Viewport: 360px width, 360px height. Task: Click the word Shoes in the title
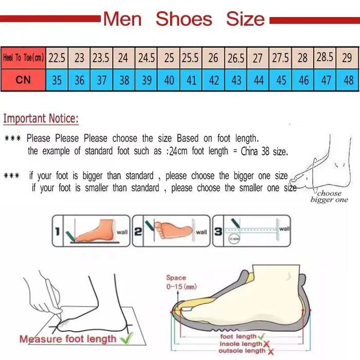click(x=184, y=20)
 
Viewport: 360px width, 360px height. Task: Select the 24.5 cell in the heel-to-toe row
click(x=146, y=58)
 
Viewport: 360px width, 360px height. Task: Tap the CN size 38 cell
click(x=123, y=81)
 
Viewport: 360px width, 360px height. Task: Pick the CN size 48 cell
click(x=348, y=81)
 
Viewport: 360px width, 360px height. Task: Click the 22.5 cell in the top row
click(x=57, y=58)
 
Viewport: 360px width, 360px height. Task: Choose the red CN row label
click(x=23, y=81)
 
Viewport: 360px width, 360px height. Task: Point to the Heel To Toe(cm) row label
click(x=23, y=58)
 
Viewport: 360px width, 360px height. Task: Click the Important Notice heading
click(x=41, y=119)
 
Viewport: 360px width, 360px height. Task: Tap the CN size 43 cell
click(x=236, y=81)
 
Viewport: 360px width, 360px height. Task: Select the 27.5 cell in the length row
click(x=280, y=58)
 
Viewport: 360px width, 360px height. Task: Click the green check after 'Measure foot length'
click(x=126, y=338)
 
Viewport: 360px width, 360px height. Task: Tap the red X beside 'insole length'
click(x=267, y=344)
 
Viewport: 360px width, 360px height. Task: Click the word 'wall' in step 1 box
click(x=122, y=232)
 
